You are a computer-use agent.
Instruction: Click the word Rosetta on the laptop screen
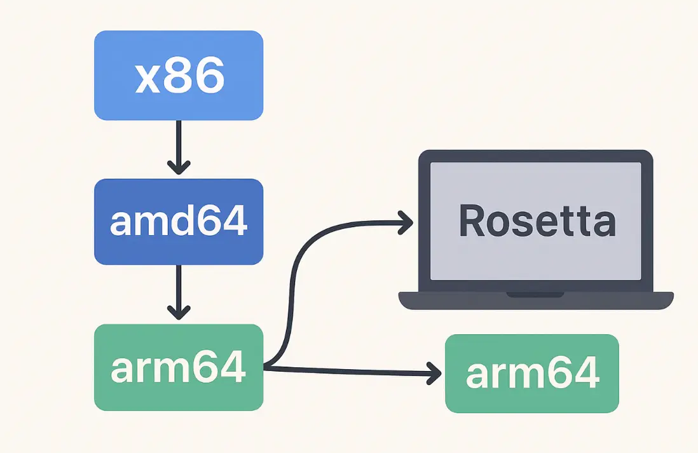537,221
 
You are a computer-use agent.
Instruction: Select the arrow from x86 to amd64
179,143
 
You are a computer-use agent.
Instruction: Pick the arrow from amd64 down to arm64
179,289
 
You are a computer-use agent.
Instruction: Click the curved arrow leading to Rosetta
294,280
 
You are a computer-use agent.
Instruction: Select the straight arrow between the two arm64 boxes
356,370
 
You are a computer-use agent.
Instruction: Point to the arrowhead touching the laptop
407,222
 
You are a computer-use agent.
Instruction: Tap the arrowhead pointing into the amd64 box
179,168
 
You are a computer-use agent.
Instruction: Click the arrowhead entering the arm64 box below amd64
179,313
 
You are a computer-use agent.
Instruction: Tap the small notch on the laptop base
535,294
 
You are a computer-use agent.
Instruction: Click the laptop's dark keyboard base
535,301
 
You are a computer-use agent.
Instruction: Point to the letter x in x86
148,76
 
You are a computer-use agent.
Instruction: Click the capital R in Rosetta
473,221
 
